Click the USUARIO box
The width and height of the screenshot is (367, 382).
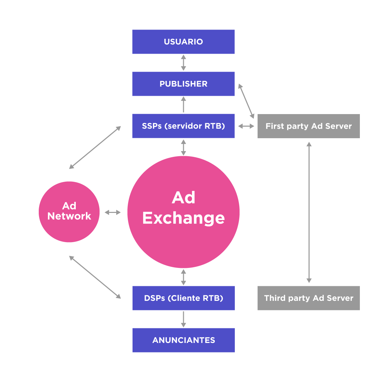[x=183, y=42]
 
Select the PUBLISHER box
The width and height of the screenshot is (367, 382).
[x=183, y=84]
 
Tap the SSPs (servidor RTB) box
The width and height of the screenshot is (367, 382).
[x=183, y=126]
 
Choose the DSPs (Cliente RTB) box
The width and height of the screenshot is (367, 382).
[x=183, y=298]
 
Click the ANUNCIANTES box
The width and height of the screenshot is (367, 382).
[x=183, y=340]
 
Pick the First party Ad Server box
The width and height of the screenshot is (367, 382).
[x=309, y=126]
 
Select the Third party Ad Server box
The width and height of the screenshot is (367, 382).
[x=309, y=298]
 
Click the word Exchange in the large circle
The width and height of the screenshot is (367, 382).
[x=183, y=218]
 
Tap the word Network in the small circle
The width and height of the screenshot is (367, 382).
[x=69, y=216]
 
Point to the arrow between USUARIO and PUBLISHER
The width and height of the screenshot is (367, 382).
[x=183, y=62]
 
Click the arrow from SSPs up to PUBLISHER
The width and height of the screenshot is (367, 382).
[x=183, y=105]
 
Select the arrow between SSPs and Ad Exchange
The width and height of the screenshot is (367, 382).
[x=183, y=147]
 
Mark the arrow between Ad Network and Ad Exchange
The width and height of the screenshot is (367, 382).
[x=112, y=213]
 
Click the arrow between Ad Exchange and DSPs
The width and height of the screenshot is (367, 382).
[x=183, y=277]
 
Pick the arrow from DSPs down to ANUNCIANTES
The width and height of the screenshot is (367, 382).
[x=183, y=319]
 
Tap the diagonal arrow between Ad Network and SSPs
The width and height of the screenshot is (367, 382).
[x=95, y=147]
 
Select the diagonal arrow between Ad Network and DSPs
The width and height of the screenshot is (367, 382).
[x=95, y=277]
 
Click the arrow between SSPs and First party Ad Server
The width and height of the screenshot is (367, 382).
[x=246, y=126]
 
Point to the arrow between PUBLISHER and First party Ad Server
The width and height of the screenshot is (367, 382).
[x=246, y=101]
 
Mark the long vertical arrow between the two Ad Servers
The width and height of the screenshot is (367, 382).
[x=309, y=212]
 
